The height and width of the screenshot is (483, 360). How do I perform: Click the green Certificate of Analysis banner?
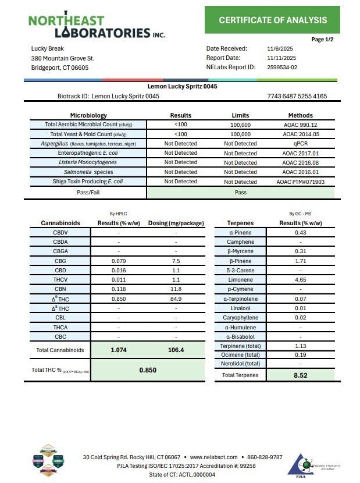[272, 20]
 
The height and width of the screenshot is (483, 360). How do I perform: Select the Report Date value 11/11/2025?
[281, 58]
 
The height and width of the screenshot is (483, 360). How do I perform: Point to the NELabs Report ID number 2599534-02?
[282, 68]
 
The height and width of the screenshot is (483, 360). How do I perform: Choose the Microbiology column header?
[88, 115]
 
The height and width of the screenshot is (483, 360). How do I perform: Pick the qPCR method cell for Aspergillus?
[300, 144]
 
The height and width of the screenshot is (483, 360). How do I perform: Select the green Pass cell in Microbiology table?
[240, 192]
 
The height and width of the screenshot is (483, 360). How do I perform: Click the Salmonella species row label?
[88, 172]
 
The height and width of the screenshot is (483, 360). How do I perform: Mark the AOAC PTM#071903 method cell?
[300, 182]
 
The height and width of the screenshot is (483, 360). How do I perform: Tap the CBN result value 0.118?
[119, 289]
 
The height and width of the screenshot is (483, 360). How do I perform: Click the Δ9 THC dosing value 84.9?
[176, 299]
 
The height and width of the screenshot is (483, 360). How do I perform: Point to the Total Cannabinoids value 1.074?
[119, 350]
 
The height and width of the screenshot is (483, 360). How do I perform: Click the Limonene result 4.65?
[300, 280]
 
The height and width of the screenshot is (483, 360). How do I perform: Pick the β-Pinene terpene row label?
[240, 261]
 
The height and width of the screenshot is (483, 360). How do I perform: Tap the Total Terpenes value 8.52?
[300, 375]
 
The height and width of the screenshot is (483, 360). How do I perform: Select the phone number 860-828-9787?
[264, 457]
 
